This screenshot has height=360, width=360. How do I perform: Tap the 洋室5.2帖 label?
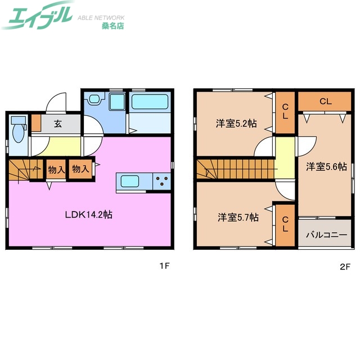click(x=236, y=123)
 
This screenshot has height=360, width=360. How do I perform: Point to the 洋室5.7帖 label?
click(x=237, y=217)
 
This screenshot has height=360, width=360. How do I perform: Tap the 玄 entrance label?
click(x=57, y=124)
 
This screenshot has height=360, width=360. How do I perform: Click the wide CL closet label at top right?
click(x=325, y=102)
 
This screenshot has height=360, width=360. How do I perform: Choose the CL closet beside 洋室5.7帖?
click(x=286, y=224)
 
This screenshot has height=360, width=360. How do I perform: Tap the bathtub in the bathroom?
click(x=150, y=102)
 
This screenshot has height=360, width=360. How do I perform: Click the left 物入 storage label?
click(x=56, y=169)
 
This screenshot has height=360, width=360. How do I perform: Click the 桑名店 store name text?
click(x=112, y=25)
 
